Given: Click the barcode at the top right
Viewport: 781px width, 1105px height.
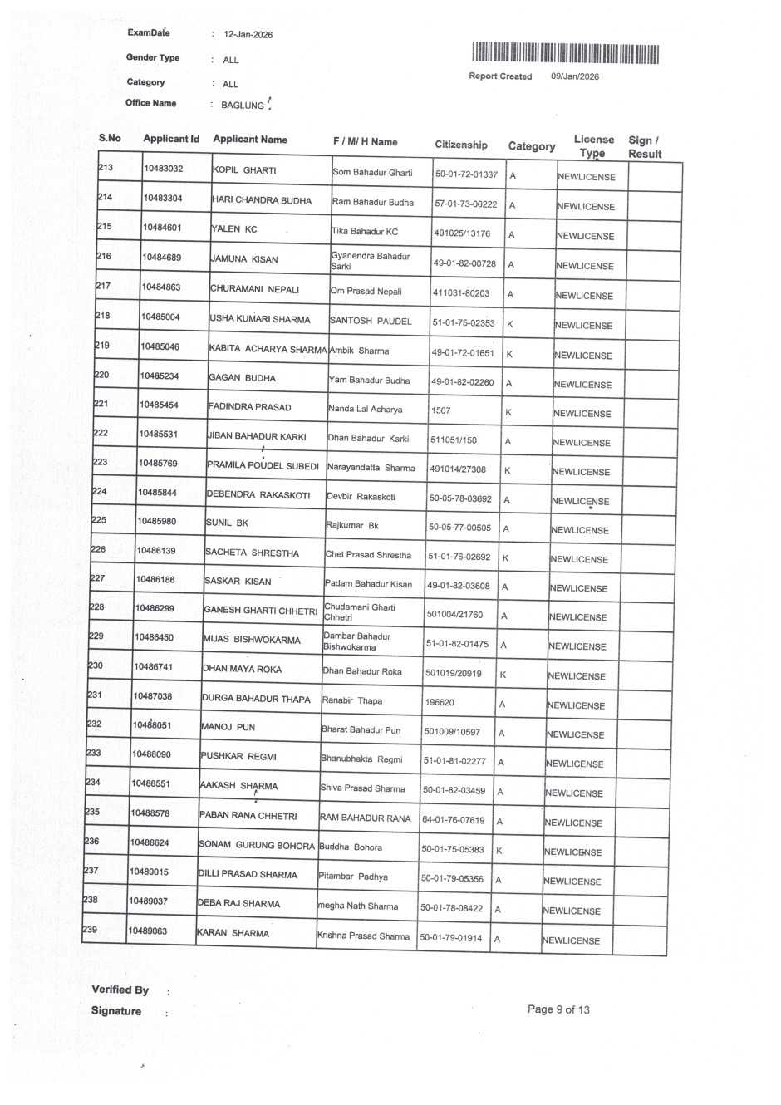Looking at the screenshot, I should point(565,54).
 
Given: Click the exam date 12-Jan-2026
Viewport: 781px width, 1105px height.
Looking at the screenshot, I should point(248,35).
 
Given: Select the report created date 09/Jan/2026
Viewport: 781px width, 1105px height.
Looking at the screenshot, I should point(574,76).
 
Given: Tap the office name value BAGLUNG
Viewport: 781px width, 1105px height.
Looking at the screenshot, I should point(243,106).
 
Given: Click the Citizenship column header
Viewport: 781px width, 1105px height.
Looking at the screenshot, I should point(461,145).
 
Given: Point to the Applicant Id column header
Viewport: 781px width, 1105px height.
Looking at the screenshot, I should point(171,139).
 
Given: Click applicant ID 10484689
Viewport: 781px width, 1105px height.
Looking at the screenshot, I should point(161,258).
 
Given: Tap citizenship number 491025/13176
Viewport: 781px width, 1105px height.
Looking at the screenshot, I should point(461,233).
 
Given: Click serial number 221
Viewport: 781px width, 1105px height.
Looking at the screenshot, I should point(101,404).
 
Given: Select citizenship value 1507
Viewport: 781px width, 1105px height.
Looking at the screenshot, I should point(441,410).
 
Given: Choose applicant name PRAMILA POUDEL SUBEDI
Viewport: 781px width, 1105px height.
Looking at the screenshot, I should point(263,466).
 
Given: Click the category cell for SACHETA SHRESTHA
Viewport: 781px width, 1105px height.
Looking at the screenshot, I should point(505,558).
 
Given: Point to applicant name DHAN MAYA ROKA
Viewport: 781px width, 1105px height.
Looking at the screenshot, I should point(242,669).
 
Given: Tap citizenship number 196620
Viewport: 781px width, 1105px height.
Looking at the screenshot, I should point(440,702).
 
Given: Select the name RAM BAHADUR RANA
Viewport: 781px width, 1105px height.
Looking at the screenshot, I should point(365,818).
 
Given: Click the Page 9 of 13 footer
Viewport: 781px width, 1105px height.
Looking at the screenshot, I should point(558,1009).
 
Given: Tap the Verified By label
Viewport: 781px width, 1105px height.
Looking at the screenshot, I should point(120,990).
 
